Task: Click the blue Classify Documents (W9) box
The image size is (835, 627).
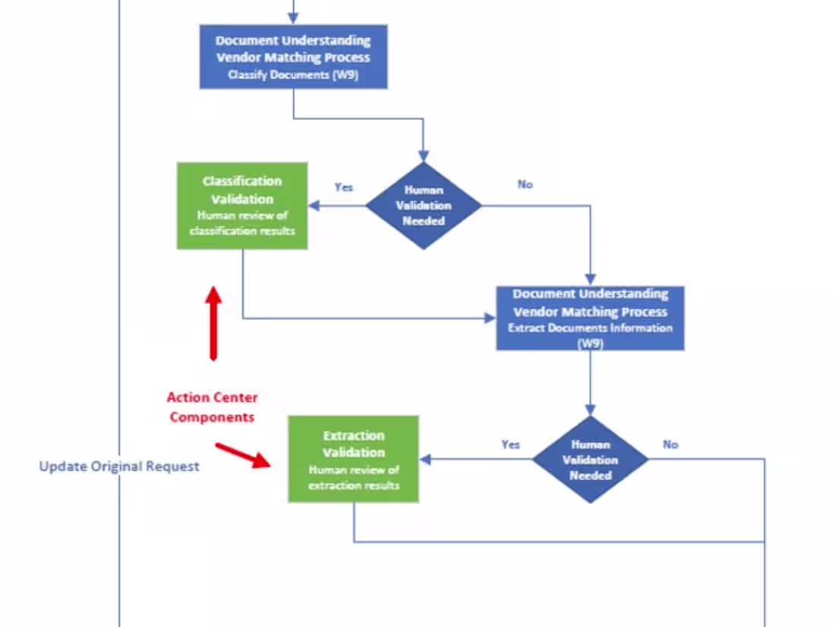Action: [x=294, y=57]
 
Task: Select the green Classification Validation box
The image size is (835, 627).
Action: [x=242, y=206]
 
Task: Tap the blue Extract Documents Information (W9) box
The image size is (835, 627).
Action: [x=590, y=318]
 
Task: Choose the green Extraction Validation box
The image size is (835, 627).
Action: [x=353, y=459]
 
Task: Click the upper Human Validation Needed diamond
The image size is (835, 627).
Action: [x=424, y=206]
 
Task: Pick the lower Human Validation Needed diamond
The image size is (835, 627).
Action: [x=590, y=459]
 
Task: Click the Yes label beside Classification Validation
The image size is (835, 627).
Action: [x=344, y=187]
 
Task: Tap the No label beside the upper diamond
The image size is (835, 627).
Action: [x=525, y=184]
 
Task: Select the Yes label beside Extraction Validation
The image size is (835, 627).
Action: [x=510, y=444]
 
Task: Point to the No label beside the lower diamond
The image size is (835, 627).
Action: [x=670, y=444]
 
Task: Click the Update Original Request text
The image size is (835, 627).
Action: [x=119, y=466]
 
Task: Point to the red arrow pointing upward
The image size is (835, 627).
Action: [x=213, y=322]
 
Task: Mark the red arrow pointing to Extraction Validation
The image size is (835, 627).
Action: [x=243, y=454]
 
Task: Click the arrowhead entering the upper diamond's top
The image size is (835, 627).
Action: [x=424, y=156]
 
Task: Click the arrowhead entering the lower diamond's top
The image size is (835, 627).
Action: [x=590, y=410]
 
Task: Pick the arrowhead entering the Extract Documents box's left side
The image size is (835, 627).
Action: [x=490, y=318]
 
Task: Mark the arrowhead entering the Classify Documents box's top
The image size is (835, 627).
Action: [x=294, y=20]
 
